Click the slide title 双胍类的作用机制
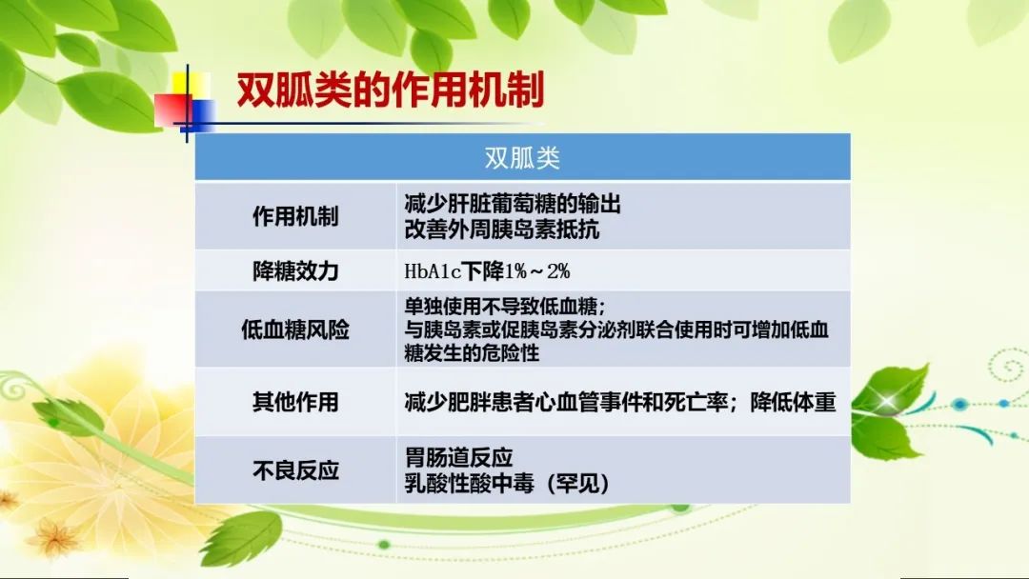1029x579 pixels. pos(391,90)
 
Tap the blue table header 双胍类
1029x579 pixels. pos(522,157)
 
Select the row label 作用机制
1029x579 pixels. pos(295,216)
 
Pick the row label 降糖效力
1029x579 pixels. pos(295,270)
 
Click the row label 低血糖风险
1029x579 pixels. pos(295,329)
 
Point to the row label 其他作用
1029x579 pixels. pos(295,401)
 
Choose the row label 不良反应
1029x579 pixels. pos(295,469)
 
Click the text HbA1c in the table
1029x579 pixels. pos(434,270)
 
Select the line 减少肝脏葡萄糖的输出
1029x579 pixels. pos(513,204)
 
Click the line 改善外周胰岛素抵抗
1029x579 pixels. pos(501,230)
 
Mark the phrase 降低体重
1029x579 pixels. pos(794,401)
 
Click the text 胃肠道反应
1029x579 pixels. pos(458,457)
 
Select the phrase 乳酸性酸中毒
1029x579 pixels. pos(469,484)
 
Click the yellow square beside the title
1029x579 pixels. pos(192,87)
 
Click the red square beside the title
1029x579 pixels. pos(171,110)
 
